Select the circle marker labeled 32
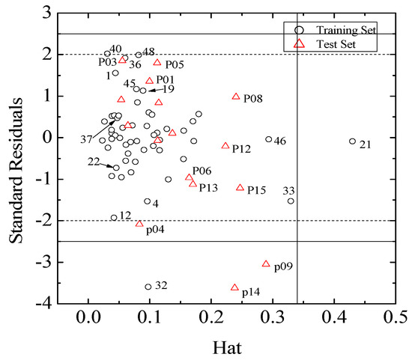pyautogui.click(x=148, y=287)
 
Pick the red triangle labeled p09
pyautogui.click(x=266, y=263)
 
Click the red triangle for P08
pyautogui.click(x=236, y=97)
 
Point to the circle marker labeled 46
pyautogui.click(x=268, y=139)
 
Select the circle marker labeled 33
pyautogui.click(x=291, y=201)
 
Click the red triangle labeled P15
pyautogui.click(x=240, y=188)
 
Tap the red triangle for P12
pyautogui.click(x=225, y=146)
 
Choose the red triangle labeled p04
pyautogui.click(x=139, y=224)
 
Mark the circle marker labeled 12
pyautogui.click(x=114, y=218)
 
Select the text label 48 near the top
pyautogui.click(x=148, y=52)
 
